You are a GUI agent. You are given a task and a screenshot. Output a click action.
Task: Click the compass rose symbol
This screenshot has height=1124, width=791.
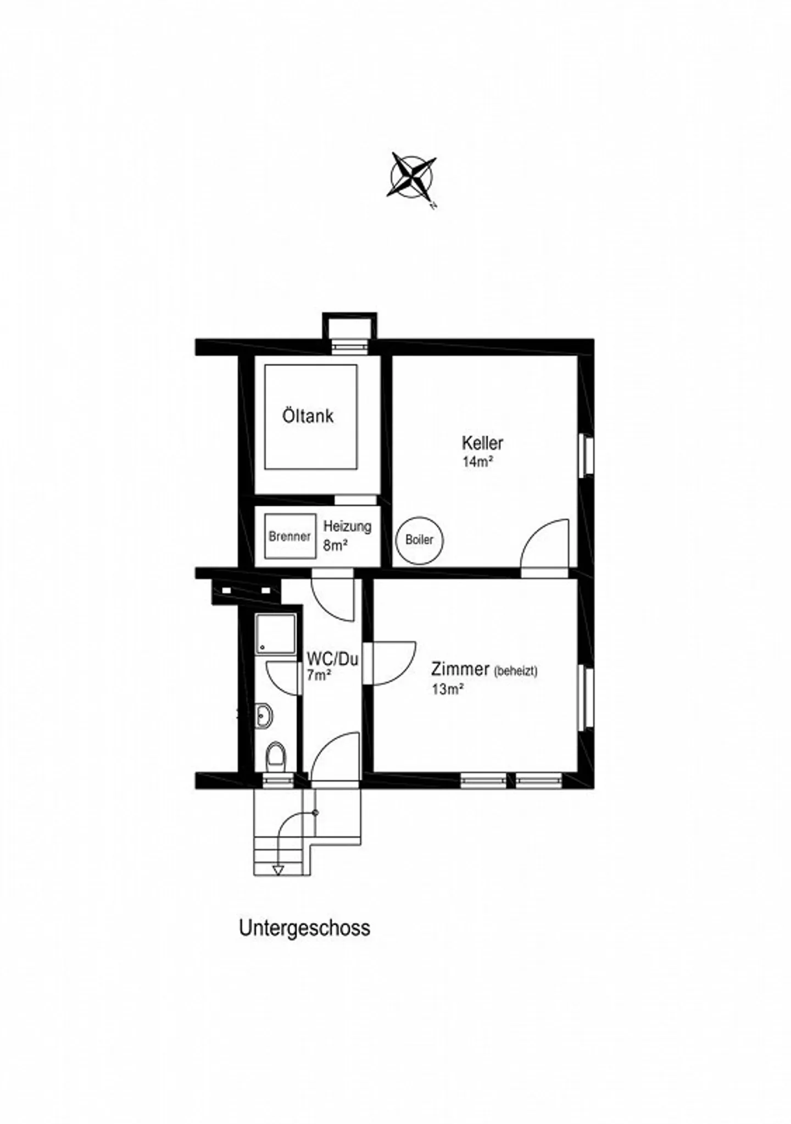tap(413, 176)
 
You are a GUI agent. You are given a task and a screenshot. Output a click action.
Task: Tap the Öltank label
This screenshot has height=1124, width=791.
tap(308, 416)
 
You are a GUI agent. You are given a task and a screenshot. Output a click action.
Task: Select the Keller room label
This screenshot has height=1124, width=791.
tap(482, 443)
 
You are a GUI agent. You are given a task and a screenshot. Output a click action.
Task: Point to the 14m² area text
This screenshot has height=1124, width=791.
tap(477, 461)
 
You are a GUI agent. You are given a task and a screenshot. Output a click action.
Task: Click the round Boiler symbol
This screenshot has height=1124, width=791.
tap(419, 539)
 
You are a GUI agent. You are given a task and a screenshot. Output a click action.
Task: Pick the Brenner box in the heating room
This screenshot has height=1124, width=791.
tap(290, 536)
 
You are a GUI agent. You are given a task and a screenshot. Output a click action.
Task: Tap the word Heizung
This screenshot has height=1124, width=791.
tap(347, 527)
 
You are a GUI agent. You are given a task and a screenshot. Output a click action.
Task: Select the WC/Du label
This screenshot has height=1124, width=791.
tap(332, 658)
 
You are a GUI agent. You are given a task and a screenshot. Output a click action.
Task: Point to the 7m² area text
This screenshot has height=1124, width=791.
tap(318, 676)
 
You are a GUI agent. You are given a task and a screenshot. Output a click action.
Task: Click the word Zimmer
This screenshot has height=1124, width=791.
tap(460, 669)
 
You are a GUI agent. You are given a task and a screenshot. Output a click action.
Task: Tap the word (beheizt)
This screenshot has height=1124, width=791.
tap(515, 671)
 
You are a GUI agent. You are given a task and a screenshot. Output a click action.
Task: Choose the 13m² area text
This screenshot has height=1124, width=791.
tap(448, 689)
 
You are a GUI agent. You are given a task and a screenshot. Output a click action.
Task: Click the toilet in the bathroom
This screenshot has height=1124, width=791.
tap(275, 757)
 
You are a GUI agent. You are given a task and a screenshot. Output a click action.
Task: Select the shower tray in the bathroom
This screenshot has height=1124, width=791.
tap(276, 634)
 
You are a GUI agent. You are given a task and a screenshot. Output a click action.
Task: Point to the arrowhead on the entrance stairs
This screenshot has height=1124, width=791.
tap(278, 870)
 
